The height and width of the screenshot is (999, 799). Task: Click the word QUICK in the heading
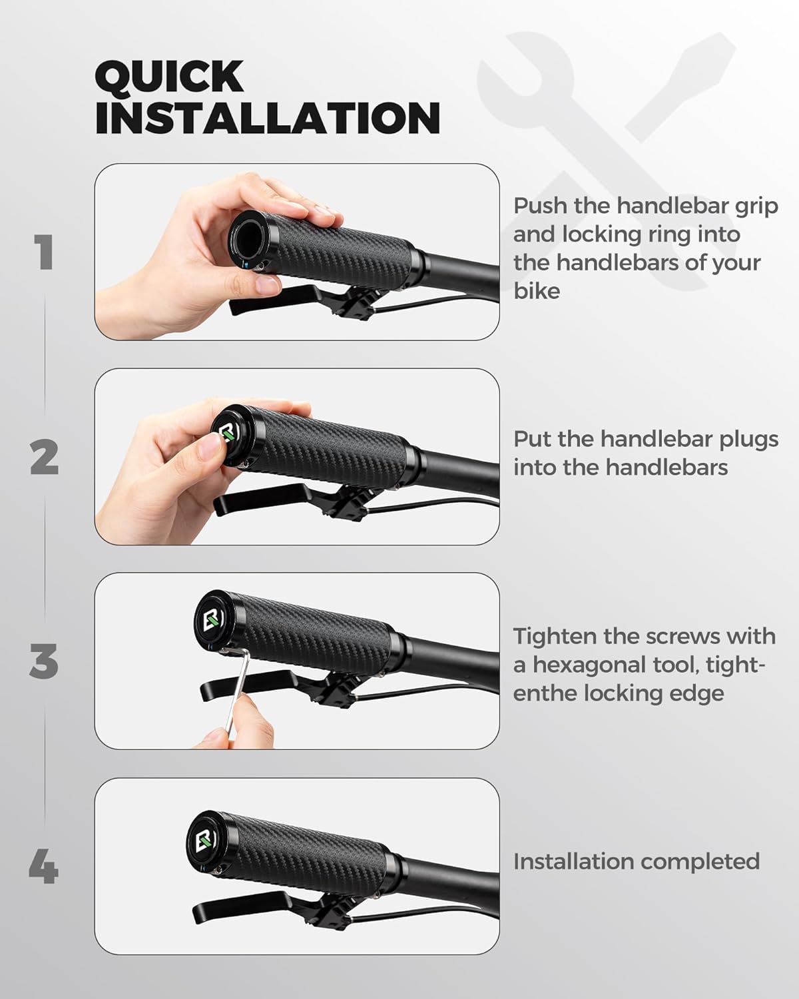[169, 77]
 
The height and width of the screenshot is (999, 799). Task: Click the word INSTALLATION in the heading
[267, 119]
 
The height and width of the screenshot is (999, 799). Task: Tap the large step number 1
[44, 253]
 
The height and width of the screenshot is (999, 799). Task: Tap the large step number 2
[44, 458]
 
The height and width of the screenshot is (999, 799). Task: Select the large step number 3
[44, 662]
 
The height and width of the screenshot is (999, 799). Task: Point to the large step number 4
[44, 868]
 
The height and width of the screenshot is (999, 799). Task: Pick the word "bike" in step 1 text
[536, 291]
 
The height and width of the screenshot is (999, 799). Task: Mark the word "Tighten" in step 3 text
[554, 637]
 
